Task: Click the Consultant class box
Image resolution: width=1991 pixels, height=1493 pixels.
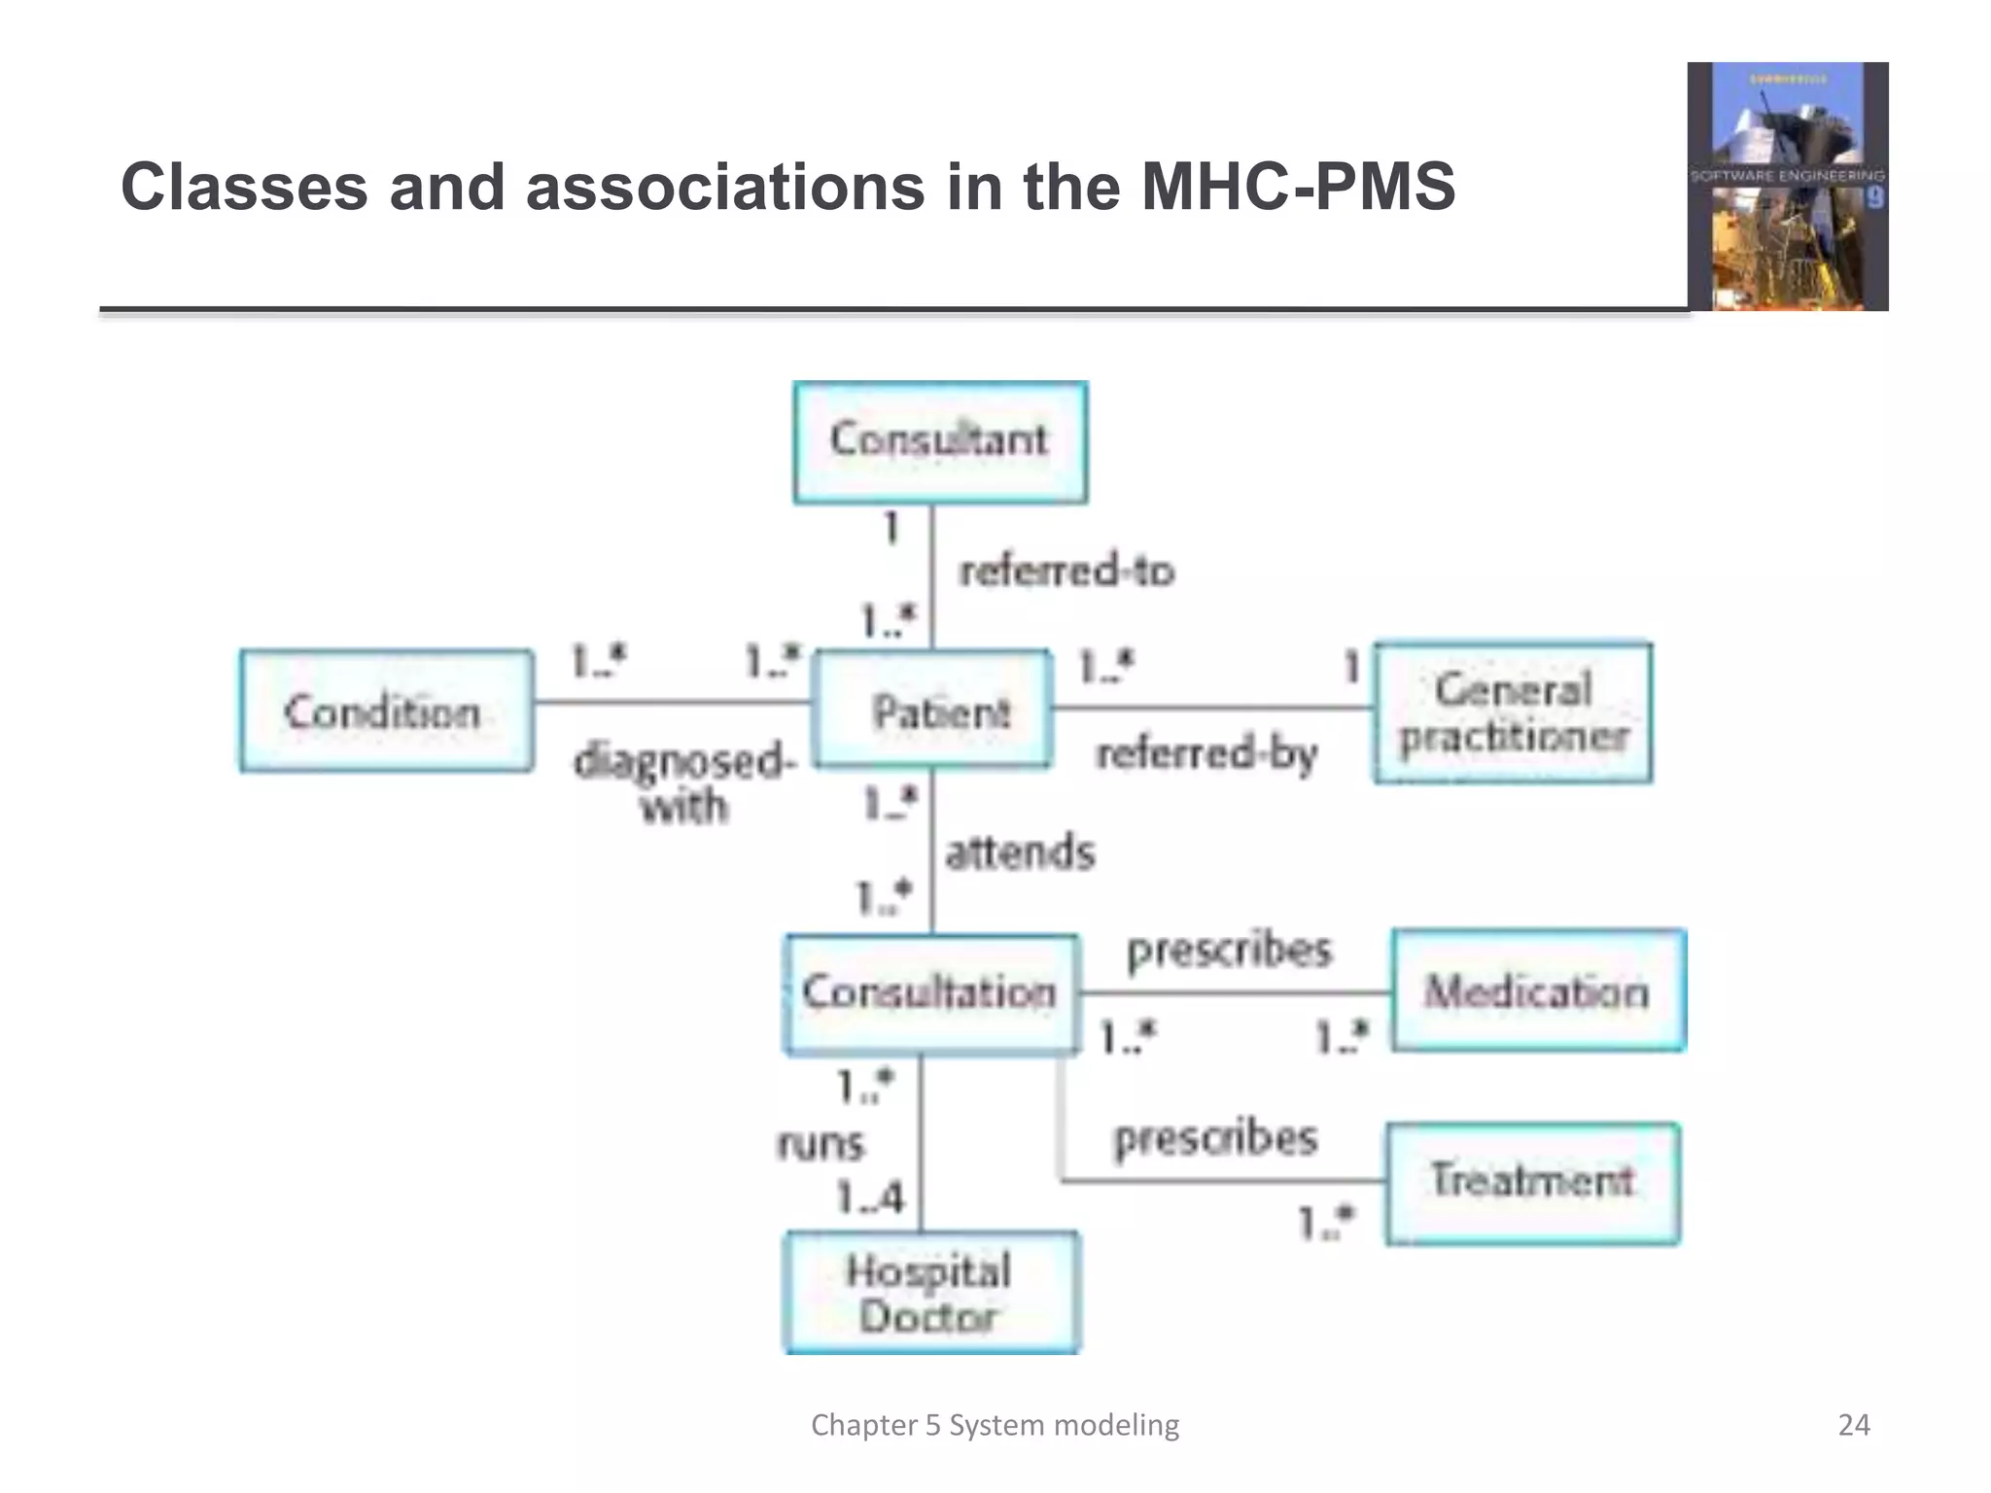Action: pos(940,442)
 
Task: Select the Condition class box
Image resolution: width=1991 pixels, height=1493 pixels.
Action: pos(386,712)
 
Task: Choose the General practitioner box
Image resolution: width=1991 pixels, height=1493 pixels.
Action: pos(1513,712)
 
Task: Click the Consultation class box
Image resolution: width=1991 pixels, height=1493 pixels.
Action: pos(930,993)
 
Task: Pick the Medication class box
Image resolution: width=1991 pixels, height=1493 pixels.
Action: pos(1538,991)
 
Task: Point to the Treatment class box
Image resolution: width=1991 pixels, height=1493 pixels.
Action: pos(1533,1182)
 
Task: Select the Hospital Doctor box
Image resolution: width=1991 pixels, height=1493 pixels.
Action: pos(930,1293)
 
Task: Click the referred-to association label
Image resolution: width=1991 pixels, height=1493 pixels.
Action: pos(1066,571)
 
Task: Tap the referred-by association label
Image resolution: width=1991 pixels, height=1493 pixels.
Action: pos(1206,753)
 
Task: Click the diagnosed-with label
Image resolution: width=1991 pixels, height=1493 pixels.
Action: pos(684,782)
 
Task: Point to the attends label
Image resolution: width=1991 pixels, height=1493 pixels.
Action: pos(1020,852)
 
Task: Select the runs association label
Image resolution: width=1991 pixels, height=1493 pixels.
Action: pos(820,1144)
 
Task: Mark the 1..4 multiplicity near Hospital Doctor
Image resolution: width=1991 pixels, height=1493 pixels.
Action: pos(869,1198)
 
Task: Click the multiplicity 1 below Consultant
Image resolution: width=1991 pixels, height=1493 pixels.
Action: pos(891,529)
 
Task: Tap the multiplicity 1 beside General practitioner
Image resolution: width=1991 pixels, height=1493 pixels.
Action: pos(1350,667)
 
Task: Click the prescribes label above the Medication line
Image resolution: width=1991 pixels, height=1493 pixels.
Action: pos(1229,950)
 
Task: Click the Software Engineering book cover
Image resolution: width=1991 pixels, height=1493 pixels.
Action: pos(1787,187)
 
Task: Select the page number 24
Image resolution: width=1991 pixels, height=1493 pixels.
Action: pos(1853,1425)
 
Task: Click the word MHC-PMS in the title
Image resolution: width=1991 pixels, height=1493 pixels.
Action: pos(1297,187)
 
